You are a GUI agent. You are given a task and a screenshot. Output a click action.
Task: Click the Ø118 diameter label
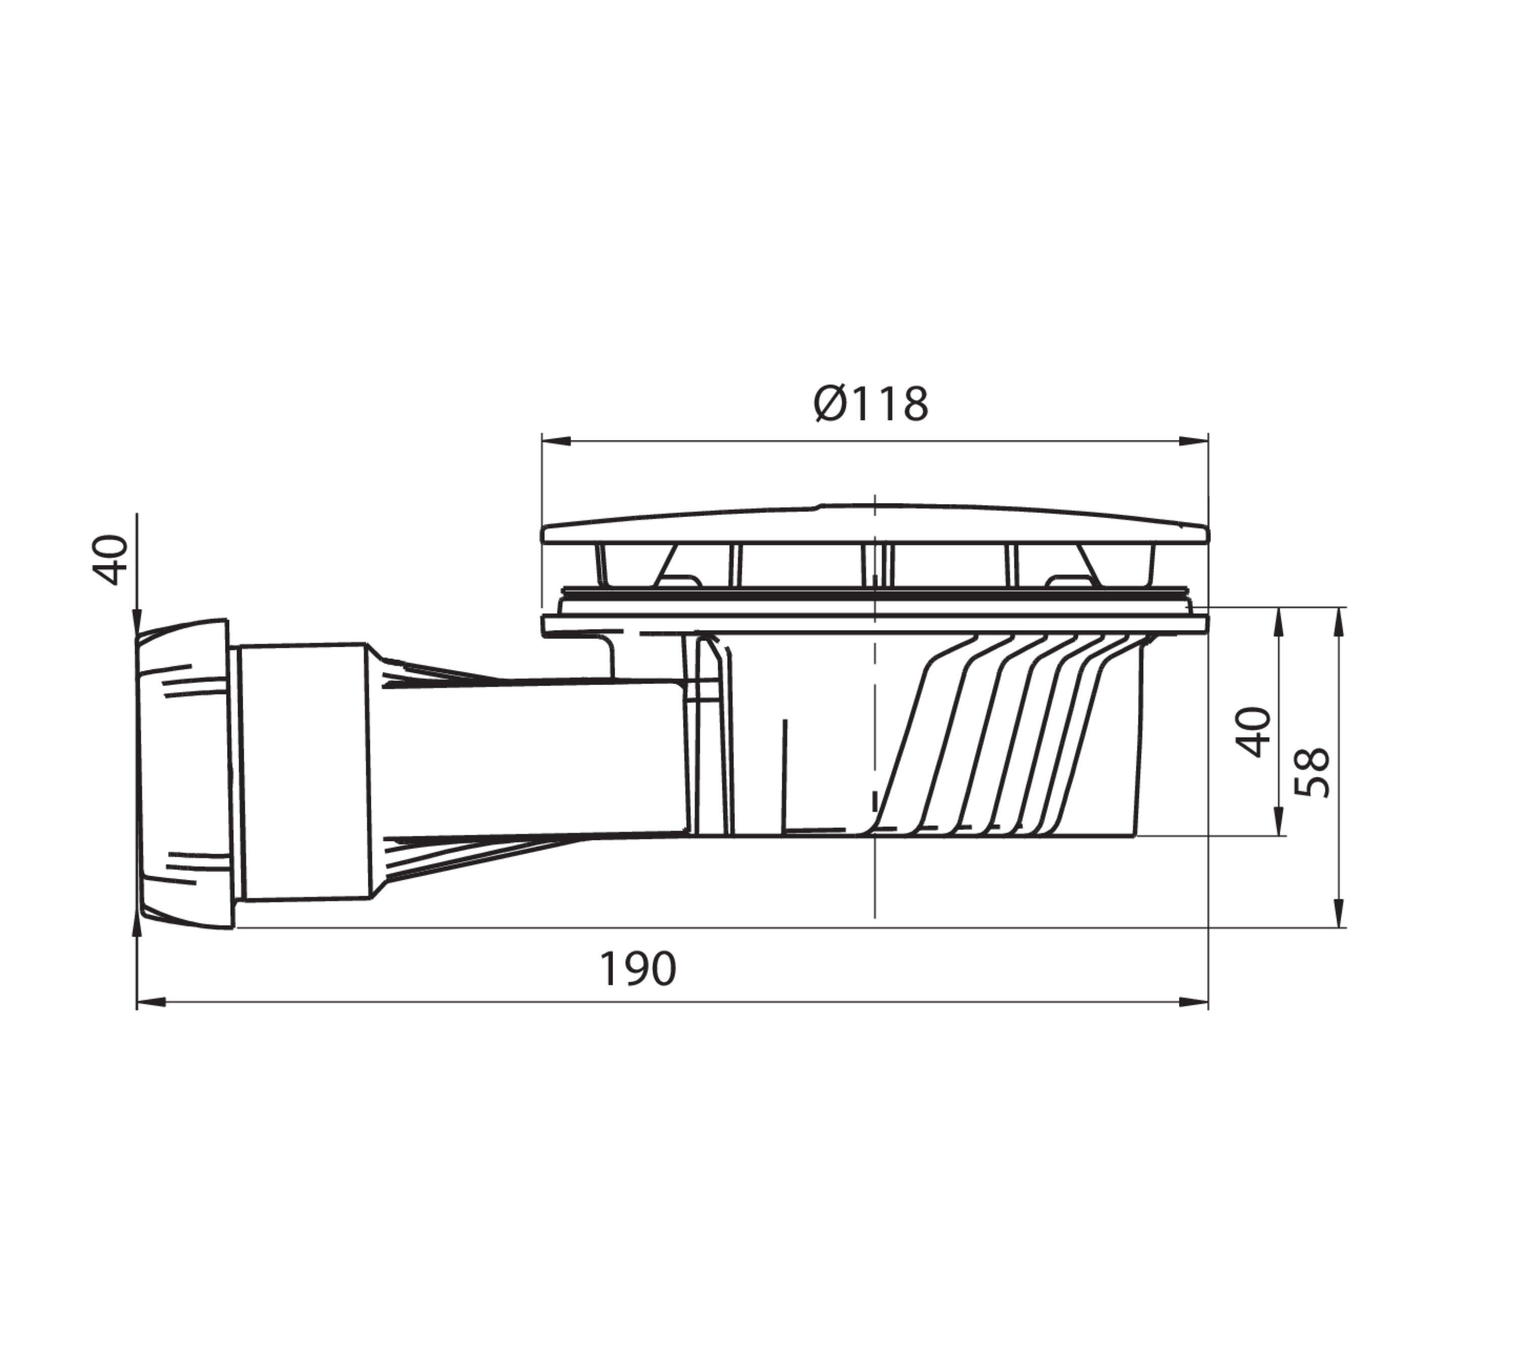click(x=871, y=404)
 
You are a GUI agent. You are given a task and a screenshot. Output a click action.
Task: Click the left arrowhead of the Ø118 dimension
click(x=556, y=441)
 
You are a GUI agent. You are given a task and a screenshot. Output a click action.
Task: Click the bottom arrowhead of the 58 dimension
click(x=1338, y=913)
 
